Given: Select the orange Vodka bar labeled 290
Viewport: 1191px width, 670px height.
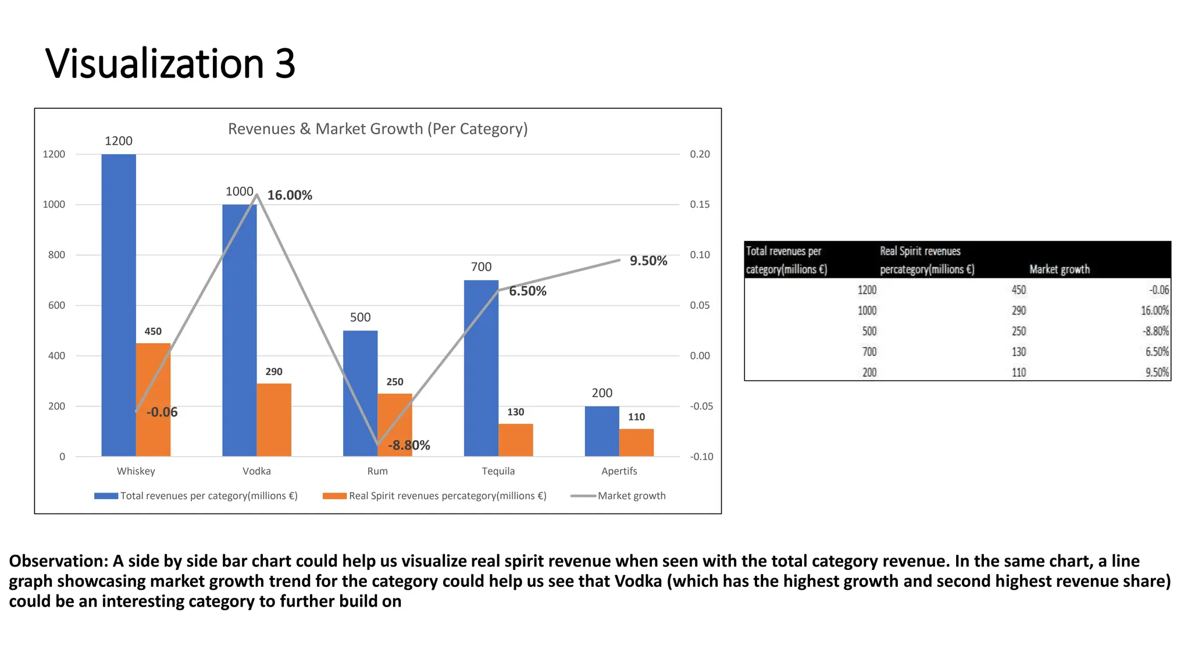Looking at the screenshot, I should coord(274,420).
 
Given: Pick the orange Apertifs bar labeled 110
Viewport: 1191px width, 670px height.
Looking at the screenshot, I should coord(636,443).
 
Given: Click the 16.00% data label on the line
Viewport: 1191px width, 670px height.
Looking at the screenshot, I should coord(290,195).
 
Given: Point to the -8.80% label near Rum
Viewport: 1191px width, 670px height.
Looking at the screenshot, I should coord(409,446).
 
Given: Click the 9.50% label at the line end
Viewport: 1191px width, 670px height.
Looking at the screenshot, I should coord(648,261).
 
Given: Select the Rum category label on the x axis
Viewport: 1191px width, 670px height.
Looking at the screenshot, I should coord(377,471).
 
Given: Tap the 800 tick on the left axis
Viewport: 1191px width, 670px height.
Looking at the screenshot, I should coord(56,255).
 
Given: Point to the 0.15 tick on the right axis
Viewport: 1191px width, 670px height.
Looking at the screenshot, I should coord(700,205).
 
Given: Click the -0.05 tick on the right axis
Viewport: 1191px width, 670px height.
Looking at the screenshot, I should coord(701,406).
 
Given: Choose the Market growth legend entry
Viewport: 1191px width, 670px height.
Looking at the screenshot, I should coord(631,496).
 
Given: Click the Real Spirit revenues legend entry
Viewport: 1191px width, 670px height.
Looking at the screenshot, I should coord(447,496).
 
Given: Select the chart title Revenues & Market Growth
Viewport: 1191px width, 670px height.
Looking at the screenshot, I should coord(377,129).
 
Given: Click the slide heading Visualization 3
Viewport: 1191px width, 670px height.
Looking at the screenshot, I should coord(170,63).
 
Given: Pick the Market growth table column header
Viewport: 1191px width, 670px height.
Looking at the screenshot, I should coord(1059,269).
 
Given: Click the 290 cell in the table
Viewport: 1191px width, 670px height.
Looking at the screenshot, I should coord(1018,311).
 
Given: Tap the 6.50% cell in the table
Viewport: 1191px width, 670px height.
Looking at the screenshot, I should coord(1157,352).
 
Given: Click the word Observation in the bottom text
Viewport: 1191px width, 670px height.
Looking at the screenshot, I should coord(56,561).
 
